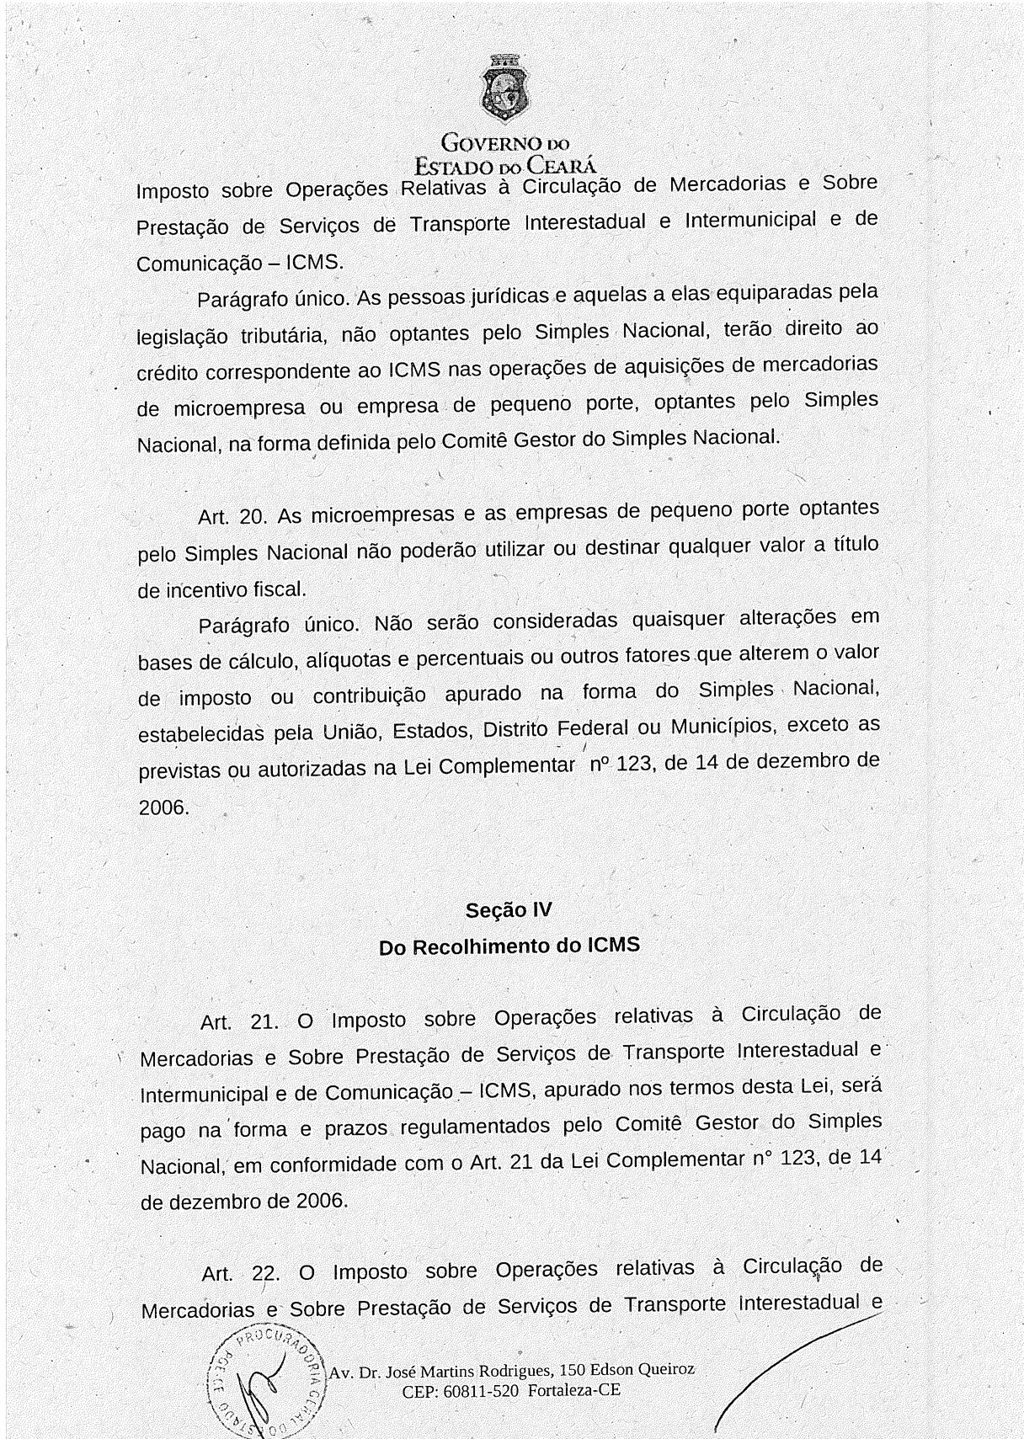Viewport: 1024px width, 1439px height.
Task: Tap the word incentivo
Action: coord(203,589)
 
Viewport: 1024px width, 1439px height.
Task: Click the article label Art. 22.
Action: coord(240,1274)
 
